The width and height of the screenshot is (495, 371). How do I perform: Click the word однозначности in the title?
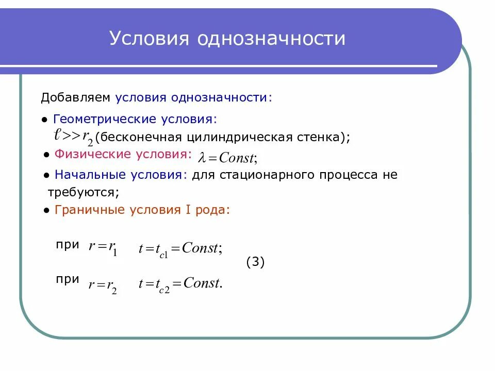[x=273, y=38]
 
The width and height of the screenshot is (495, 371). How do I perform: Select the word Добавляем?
[x=75, y=97]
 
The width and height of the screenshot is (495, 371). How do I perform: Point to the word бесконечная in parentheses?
[x=139, y=137]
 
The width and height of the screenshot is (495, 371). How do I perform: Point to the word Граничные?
[x=86, y=210]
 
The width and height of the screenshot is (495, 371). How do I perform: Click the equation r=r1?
[x=103, y=248]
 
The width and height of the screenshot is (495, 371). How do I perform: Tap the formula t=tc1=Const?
[x=180, y=249]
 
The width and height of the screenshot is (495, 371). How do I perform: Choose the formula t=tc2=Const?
[x=180, y=284]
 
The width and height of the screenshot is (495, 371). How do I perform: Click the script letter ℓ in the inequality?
[x=58, y=135]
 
